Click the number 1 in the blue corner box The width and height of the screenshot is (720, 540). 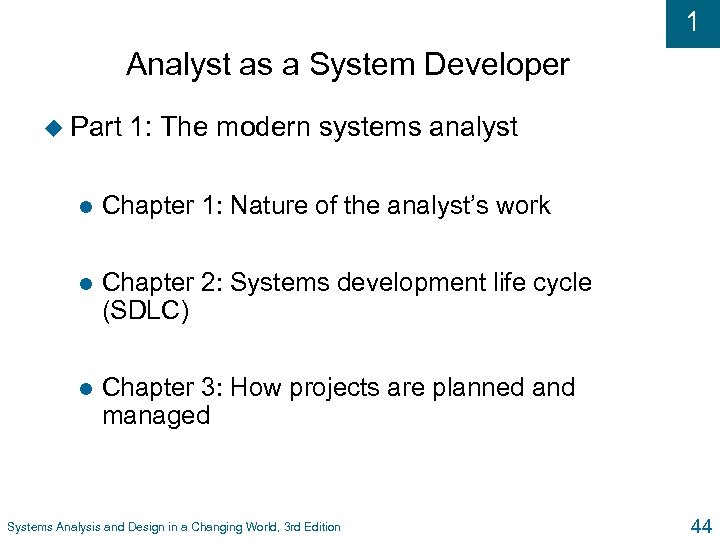(x=693, y=22)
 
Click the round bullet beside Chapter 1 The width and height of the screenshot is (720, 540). (x=86, y=206)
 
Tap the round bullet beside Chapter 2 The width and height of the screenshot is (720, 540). (x=86, y=284)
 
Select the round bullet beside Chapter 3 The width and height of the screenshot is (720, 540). (x=86, y=388)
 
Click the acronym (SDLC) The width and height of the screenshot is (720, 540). (x=145, y=311)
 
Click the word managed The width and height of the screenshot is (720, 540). (x=156, y=415)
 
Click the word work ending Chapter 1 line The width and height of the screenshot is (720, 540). (x=526, y=206)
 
